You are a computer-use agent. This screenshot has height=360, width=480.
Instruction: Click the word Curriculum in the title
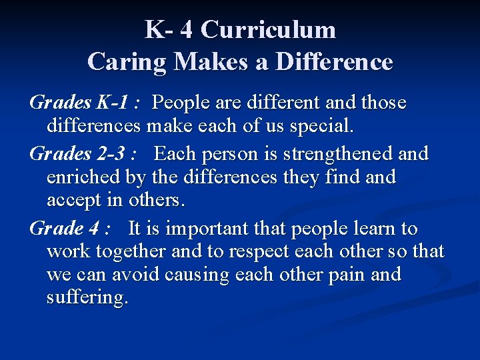[268, 30]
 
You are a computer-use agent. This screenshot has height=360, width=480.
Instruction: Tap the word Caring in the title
[127, 62]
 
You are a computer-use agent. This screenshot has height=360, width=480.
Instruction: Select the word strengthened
[339, 154]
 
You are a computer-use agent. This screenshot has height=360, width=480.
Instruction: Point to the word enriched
[84, 177]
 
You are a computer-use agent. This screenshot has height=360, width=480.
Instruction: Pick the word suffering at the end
[87, 297]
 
